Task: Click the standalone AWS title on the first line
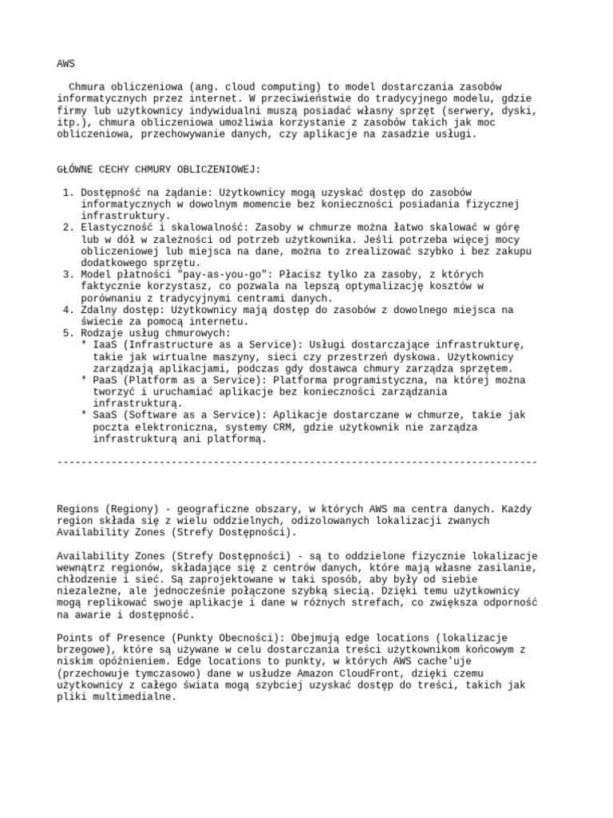click(66, 63)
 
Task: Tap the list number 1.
click(65, 193)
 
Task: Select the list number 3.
click(65, 274)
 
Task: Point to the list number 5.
click(65, 332)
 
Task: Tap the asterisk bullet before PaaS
click(84, 380)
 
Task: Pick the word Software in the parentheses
click(155, 415)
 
